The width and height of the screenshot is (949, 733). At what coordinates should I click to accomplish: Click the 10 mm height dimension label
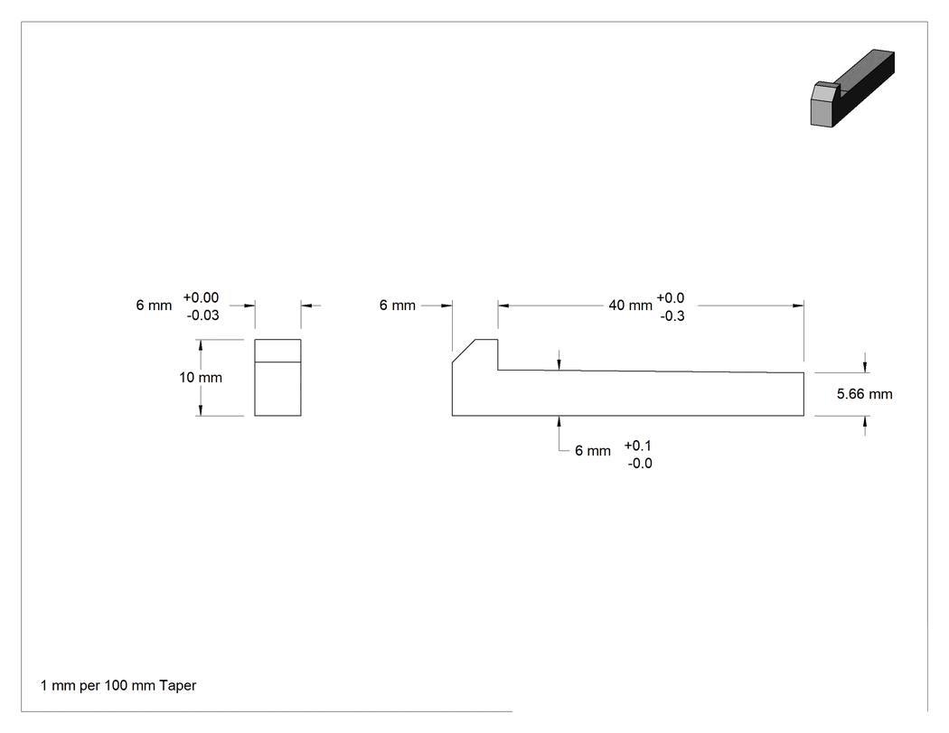click(201, 378)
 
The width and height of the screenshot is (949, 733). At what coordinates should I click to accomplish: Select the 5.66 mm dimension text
click(864, 394)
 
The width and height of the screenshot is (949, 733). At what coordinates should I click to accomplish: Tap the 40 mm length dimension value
click(630, 305)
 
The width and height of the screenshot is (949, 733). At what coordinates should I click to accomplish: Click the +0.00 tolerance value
click(201, 297)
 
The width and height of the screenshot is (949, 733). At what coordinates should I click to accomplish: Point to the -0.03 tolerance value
click(202, 315)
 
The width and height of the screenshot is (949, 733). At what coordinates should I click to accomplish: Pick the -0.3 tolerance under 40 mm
click(672, 316)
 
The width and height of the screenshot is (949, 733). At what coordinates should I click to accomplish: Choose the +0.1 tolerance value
click(638, 446)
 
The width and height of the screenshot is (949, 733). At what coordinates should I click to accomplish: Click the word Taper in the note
click(178, 686)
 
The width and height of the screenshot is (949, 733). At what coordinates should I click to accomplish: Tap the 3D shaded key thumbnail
click(852, 89)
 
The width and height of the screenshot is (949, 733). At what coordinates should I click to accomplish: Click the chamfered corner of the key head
click(464, 351)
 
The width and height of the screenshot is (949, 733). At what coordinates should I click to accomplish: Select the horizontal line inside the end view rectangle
click(277, 362)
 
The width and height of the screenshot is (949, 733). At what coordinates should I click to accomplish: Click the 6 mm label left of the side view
click(397, 305)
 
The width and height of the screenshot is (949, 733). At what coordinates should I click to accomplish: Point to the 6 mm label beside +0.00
click(154, 305)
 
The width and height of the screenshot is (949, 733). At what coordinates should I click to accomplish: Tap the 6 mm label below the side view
click(593, 451)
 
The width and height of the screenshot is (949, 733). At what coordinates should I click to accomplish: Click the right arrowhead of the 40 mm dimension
click(798, 305)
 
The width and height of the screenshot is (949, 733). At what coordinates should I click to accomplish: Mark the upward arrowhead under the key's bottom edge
click(559, 421)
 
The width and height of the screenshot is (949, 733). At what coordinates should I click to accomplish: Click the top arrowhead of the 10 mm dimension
click(201, 345)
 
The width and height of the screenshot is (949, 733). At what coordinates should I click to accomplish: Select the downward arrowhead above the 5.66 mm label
click(865, 367)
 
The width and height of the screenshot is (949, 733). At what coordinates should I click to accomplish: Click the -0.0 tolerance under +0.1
click(640, 464)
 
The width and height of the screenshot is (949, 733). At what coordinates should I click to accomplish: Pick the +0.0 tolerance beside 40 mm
click(671, 298)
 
